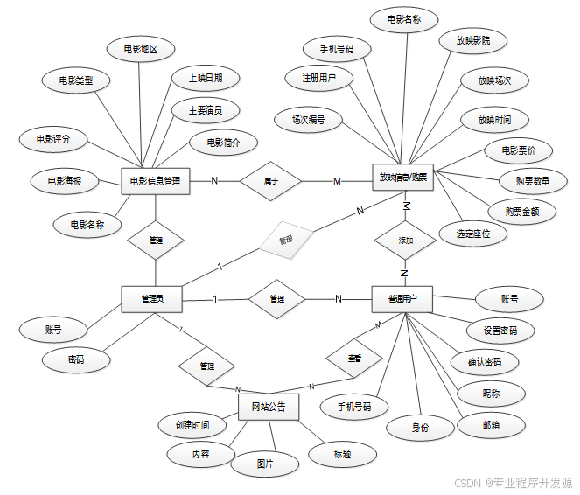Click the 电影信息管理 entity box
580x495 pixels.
(x=155, y=181)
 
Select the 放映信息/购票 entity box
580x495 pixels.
(x=405, y=177)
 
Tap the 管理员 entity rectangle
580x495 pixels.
(x=154, y=298)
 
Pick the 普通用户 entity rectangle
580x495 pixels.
(x=403, y=298)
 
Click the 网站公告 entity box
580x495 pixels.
(x=269, y=407)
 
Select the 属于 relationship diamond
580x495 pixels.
(x=271, y=181)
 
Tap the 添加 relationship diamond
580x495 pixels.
(x=405, y=240)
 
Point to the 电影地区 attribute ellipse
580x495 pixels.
(x=141, y=49)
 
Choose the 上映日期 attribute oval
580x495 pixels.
(x=204, y=78)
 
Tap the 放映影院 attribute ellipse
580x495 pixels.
(x=473, y=41)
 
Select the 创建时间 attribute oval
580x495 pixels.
(x=192, y=425)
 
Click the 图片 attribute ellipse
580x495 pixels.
(x=264, y=464)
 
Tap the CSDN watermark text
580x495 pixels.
(x=515, y=483)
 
